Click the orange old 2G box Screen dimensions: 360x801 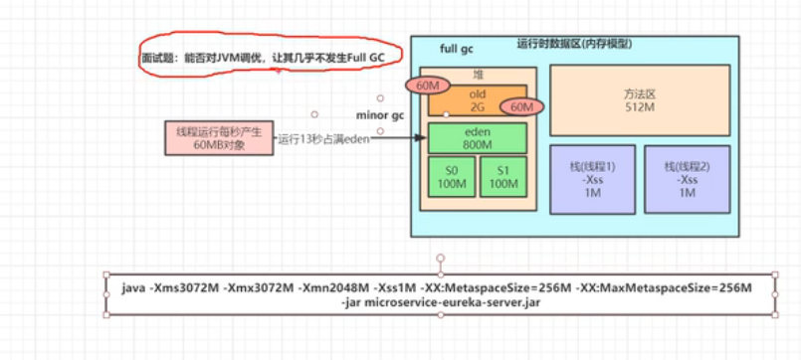pos(476,100)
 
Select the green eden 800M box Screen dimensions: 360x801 pos(476,138)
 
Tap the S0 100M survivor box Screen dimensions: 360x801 pos(449,175)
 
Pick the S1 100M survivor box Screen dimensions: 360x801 pos(502,175)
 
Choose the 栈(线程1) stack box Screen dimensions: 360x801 pos(592,178)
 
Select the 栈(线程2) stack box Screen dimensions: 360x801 pos(686,178)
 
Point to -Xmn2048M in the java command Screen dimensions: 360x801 pos(325,288)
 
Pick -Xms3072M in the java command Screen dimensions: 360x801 pos(182,288)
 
